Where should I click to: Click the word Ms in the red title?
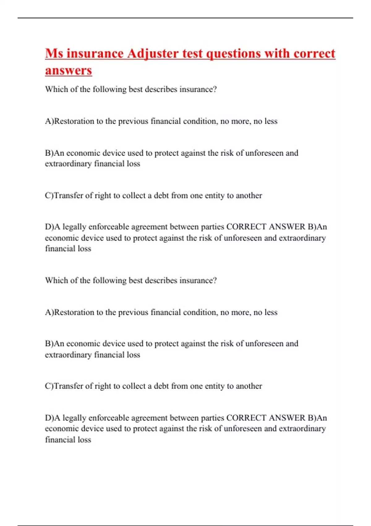[54, 54]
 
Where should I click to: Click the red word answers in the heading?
[68, 70]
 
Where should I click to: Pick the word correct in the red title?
[314, 54]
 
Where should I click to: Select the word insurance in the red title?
[95, 54]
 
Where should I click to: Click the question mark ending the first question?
[215, 89]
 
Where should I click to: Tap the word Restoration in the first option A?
[74, 121]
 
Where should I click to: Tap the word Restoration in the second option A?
[74, 312]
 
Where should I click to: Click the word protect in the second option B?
[166, 344]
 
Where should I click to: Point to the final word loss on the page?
[84, 440]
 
